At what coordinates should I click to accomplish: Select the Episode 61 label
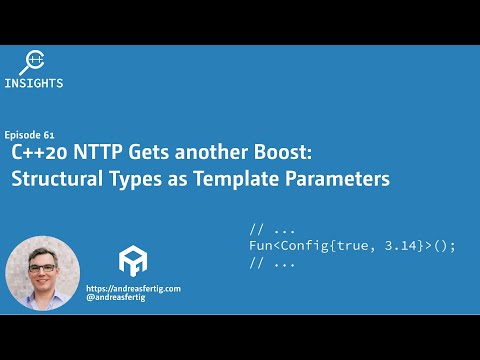pyautogui.click(x=29, y=133)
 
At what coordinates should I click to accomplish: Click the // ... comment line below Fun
pyautogui.click(x=272, y=263)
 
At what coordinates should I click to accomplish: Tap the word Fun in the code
pyautogui.click(x=262, y=245)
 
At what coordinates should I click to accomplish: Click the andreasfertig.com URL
pyautogui.click(x=133, y=288)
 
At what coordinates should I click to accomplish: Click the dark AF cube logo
pyautogui.click(x=133, y=261)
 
